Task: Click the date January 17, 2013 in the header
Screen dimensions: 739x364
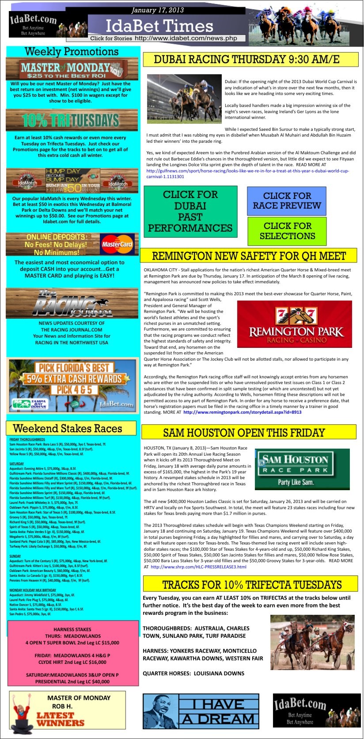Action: (158, 10)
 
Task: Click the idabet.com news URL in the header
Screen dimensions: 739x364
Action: (186, 38)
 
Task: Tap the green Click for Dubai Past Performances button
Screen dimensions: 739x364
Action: (190, 211)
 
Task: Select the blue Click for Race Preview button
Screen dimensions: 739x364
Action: (287, 201)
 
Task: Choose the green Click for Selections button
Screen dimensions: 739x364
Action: (287, 231)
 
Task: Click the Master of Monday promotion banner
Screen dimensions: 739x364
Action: (72, 69)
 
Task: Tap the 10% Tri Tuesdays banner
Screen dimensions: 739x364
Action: (72, 120)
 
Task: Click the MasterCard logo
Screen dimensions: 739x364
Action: (117, 244)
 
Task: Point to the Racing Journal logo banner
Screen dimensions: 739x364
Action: (72, 303)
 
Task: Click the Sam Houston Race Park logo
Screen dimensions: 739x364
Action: (295, 469)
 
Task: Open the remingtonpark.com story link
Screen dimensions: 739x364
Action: (242, 412)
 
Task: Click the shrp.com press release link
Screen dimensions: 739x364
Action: (198, 567)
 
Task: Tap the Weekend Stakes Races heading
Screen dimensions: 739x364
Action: (68, 428)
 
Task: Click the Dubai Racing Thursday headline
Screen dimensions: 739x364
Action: (246, 59)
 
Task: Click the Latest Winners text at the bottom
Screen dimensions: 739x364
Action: (60, 719)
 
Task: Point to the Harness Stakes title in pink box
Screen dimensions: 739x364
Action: (72, 629)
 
